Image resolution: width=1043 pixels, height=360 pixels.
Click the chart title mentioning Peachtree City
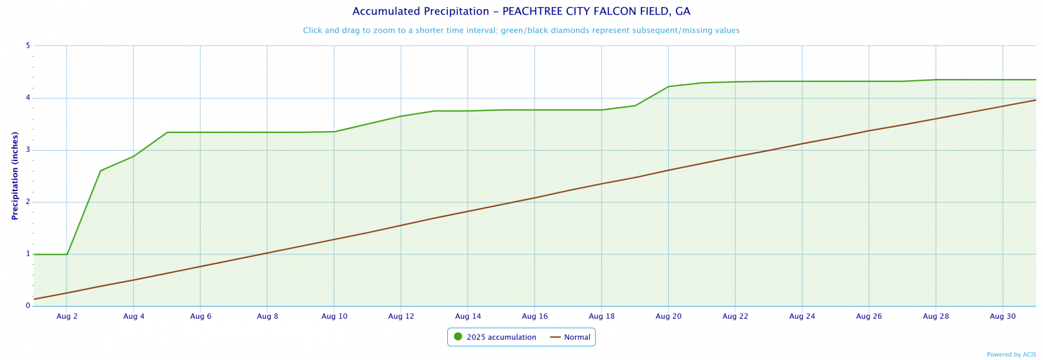[521, 12]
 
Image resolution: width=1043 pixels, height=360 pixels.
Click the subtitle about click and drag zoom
[521, 31]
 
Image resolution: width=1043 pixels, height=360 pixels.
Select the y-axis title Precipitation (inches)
[15, 175]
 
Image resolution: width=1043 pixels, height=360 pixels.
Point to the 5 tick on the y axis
[28, 46]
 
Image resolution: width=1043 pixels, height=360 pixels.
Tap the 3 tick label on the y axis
[28, 150]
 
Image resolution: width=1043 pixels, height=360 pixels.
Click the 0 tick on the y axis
[28, 306]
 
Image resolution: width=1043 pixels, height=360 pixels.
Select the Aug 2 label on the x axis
[67, 316]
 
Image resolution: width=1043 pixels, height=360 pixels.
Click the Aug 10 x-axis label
[334, 316]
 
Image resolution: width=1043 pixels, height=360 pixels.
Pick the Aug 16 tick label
[535, 316]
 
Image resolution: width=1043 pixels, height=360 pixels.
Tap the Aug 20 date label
[668, 316]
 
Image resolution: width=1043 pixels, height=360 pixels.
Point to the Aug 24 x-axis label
[802, 316]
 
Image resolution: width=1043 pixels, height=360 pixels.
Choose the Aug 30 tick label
[1002, 316]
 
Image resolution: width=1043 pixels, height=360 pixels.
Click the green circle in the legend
[458, 337]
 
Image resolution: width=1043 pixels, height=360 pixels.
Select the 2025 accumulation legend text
[501, 337]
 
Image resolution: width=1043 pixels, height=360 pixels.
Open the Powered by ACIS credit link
[1011, 355]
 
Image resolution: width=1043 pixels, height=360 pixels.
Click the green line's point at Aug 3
[100, 171]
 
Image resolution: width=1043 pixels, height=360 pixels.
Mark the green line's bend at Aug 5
[168, 132]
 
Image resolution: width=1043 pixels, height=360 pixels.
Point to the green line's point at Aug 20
[668, 87]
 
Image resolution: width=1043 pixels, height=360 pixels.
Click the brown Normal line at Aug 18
[601, 184]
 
